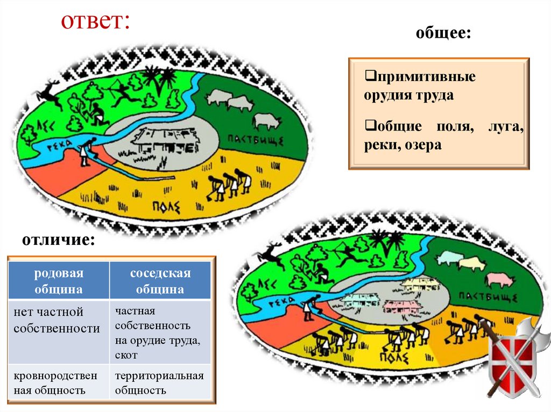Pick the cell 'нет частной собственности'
click(57, 320)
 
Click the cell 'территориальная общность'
click(159, 382)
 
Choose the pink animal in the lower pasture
click(499, 280)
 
